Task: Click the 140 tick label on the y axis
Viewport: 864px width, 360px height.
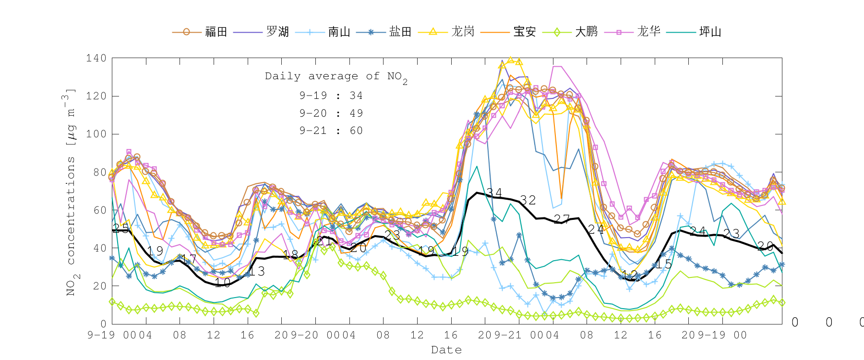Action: point(96,58)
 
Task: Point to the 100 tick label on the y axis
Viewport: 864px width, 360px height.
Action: point(96,134)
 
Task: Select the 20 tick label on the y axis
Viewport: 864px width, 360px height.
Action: point(100,286)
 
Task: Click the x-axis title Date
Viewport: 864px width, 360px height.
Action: point(446,350)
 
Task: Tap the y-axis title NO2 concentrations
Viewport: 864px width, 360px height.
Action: point(71,192)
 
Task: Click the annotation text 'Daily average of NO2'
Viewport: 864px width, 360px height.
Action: point(336,77)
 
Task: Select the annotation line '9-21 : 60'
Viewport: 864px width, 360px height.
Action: point(331,131)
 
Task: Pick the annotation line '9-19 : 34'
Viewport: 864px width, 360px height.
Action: point(331,96)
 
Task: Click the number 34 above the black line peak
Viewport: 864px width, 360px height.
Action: point(494,192)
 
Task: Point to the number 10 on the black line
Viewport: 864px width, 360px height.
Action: point(223,283)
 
